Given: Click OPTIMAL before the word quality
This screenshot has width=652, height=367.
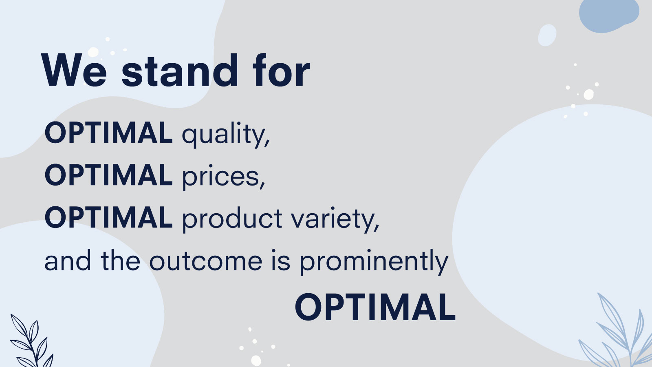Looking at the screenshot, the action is point(108,133).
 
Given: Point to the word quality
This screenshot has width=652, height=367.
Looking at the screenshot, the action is point(224,135).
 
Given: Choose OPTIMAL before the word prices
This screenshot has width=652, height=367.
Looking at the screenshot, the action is point(108,175).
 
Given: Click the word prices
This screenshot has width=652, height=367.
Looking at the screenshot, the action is point(220,177).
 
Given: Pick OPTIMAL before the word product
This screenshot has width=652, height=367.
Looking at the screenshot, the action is point(108,217).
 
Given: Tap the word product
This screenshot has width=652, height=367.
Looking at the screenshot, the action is point(232,219).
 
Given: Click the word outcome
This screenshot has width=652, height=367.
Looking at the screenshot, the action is point(206,261).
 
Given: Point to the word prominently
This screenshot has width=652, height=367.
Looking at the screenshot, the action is point(374,262).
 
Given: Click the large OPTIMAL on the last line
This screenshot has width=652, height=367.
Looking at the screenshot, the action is point(375,307).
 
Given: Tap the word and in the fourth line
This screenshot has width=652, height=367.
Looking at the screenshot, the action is point(68,260).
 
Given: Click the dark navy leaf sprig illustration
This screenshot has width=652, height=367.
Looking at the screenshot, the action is point(32,340).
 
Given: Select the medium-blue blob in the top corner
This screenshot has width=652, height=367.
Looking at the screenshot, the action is point(609,15).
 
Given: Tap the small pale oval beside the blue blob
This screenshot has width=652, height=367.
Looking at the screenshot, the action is point(547,35).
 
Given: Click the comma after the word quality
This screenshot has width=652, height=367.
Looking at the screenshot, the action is point(267,143).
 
